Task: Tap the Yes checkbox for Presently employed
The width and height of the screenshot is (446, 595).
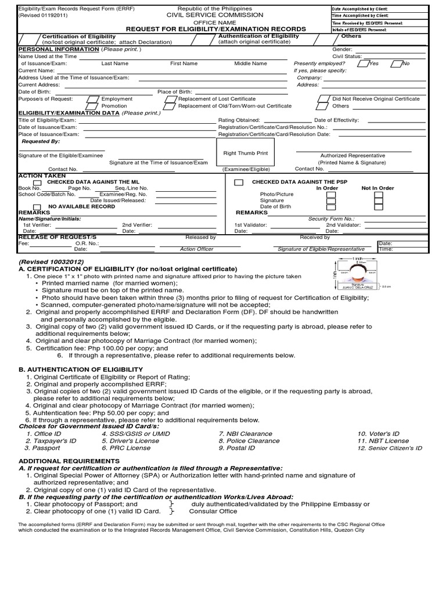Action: tap(362, 63)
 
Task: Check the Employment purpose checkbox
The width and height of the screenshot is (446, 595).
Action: tap(92, 99)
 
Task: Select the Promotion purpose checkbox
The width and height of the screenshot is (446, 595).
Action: tap(92, 106)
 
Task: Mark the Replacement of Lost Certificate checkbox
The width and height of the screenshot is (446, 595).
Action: tap(170, 99)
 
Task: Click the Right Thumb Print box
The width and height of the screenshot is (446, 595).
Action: tap(246, 153)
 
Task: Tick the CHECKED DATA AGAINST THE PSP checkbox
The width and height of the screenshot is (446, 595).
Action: tap(238, 182)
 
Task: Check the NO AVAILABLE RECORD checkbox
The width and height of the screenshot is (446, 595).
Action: tap(37, 207)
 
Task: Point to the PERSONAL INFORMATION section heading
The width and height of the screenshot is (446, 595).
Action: tap(49, 49)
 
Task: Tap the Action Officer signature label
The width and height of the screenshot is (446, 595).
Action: tap(196, 249)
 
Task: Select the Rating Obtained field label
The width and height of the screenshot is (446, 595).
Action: tap(239, 120)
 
